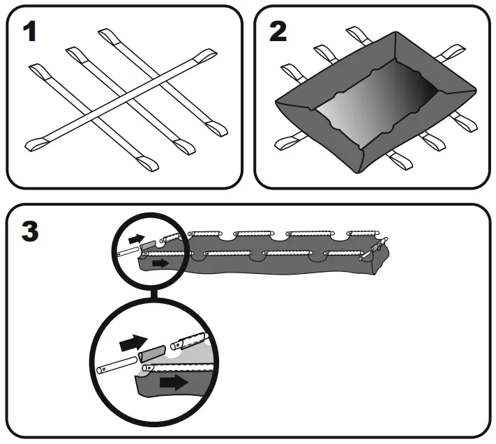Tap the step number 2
tap(278, 31)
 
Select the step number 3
tap(29, 231)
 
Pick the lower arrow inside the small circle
tap(160, 263)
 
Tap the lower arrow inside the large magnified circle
tap(172, 382)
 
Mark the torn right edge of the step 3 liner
tap(382, 261)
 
